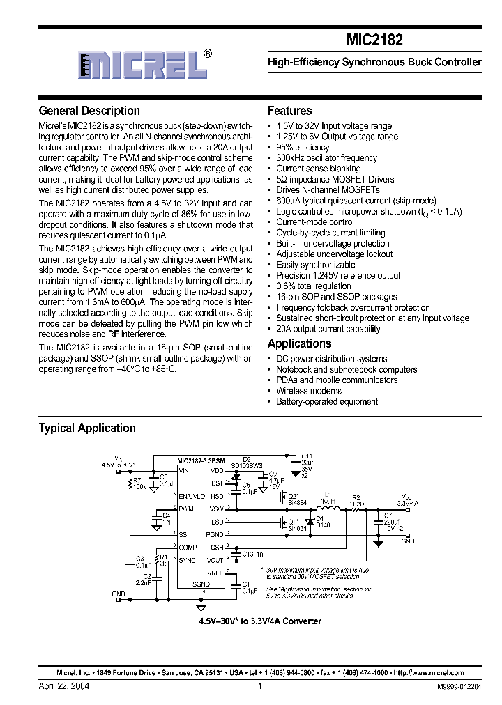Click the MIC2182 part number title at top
pyautogui.click(x=374, y=40)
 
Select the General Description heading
pyautogui.click(x=89, y=111)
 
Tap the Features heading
pyautogui.click(x=289, y=111)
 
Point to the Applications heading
pyautogui.click(x=299, y=343)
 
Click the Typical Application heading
pyautogui.click(x=87, y=428)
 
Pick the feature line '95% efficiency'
pyautogui.click(x=303, y=148)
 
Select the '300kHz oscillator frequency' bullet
pyautogui.click(x=326, y=158)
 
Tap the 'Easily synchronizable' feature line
pyautogui.click(x=315, y=265)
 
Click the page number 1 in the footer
pyautogui.click(x=259, y=686)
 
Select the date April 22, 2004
pyautogui.click(x=63, y=686)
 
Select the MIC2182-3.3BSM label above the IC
pyautogui.click(x=200, y=460)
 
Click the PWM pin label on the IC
pyautogui.click(x=186, y=509)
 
